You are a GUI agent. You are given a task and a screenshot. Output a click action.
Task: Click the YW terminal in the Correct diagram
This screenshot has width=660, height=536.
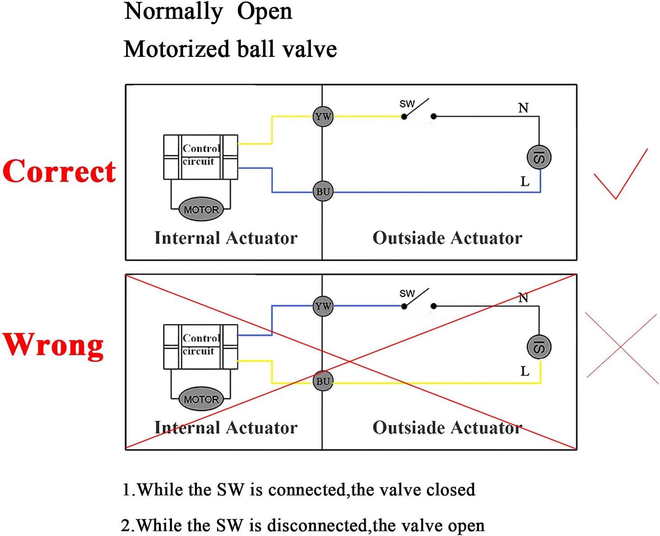click(323, 117)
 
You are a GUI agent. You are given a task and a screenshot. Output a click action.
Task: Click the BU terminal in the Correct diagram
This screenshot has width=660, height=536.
click(323, 191)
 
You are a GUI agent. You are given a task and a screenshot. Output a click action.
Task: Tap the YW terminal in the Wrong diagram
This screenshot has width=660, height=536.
click(323, 306)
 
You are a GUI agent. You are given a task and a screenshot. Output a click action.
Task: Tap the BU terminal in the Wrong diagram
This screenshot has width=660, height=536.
click(323, 381)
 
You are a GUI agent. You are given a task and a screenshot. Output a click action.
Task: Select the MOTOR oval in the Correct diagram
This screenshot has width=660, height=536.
click(201, 210)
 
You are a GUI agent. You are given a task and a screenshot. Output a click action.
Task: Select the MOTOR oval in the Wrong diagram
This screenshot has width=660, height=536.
click(201, 399)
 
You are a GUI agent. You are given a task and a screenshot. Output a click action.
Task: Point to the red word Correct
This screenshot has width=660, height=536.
click(59, 172)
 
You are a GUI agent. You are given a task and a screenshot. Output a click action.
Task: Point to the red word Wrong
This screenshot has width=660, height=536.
click(53, 345)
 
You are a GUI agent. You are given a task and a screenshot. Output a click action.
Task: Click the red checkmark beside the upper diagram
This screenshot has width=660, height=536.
click(621, 176)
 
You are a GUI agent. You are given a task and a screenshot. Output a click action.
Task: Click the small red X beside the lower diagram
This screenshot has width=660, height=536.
click(622, 346)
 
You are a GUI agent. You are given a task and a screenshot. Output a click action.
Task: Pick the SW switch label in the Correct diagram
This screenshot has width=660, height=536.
click(407, 104)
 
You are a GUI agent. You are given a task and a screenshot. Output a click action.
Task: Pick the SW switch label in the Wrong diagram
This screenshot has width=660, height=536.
click(407, 293)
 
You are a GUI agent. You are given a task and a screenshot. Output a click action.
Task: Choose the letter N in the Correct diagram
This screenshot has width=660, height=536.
click(523, 108)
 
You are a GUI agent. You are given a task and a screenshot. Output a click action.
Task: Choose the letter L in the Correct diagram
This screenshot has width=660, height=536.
click(525, 182)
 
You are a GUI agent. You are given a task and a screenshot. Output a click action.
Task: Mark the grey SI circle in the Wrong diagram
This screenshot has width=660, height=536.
click(539, 347)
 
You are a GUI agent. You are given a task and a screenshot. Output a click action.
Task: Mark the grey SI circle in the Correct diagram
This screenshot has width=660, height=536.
click(539, 157)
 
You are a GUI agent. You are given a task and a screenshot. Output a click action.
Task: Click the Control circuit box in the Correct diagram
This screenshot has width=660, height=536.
click(200, 156)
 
